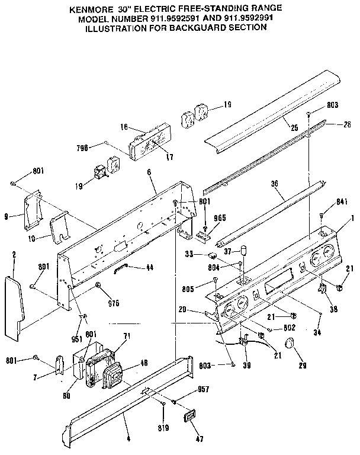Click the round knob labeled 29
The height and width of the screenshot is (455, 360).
290,343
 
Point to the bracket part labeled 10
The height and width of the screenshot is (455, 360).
58,227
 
